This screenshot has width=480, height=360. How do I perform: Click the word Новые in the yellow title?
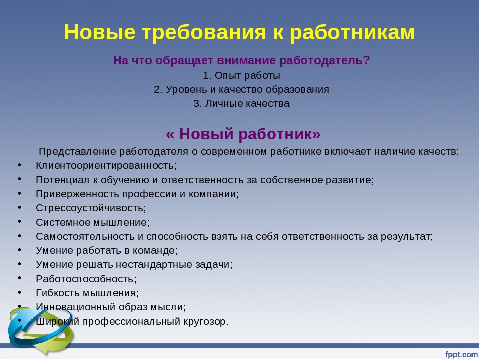click(100, 32)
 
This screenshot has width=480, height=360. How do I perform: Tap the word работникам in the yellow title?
click(352, 33)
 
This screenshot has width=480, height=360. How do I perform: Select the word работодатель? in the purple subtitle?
click(325, 60)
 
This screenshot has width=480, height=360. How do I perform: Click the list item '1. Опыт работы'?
click(242, 75)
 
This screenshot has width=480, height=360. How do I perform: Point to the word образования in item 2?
click(297, 89)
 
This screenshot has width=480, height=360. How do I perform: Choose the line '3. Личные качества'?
click(241, 104)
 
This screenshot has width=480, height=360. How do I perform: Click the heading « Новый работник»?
click(243, 134)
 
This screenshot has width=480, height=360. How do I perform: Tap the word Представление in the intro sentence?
click(78, 152)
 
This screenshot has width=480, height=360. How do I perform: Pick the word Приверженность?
click(78, 194)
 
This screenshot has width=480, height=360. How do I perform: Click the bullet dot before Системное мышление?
click(20, 221)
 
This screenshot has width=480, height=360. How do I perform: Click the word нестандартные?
click(156, 265)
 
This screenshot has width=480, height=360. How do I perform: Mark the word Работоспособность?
click(85, 279)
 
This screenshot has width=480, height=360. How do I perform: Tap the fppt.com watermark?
click(461, 354)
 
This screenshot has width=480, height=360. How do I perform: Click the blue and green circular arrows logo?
click(40, 330)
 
